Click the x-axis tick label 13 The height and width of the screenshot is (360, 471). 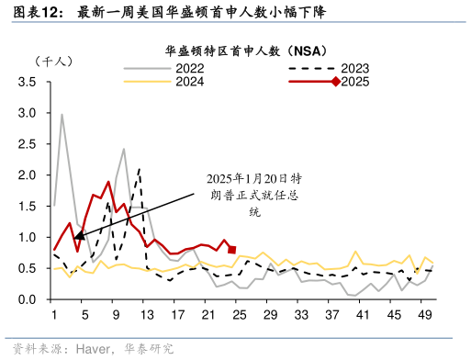[x=147, y=316]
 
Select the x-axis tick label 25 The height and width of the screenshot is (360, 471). [x=240, y=316]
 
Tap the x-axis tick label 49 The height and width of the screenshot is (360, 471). [x=424, y=316]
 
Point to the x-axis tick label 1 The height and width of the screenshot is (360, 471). [x=54, y=316]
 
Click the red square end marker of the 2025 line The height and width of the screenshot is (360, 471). [x=232, y=250]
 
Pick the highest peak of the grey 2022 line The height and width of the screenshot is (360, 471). [x=62, y=115]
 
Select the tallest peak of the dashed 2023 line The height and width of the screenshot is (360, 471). [x=139, y=169]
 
